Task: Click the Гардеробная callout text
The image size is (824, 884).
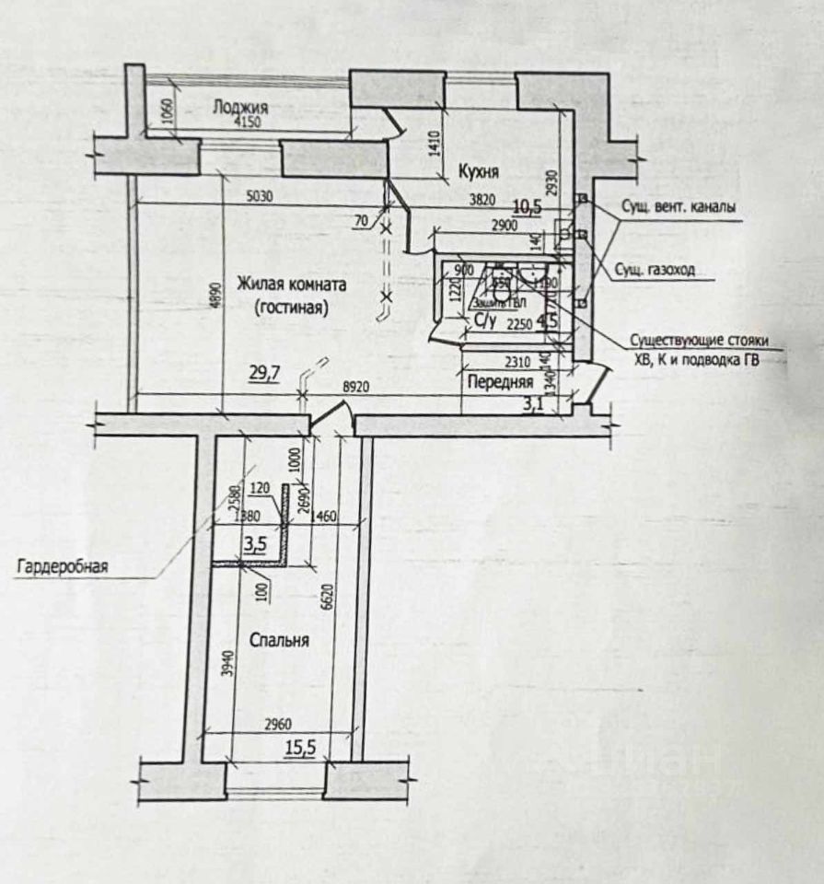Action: [x=62, y=566]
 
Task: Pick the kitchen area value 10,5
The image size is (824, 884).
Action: [x=528, y=207]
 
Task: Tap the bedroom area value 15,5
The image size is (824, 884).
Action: [x=299, y=748]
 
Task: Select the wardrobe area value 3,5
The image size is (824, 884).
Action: [x=254, y=543]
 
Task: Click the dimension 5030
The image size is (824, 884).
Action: [x=264, y=195]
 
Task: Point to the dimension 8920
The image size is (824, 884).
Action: [x=358, y=389]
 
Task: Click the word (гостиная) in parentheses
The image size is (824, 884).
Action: [x=291, y=308]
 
